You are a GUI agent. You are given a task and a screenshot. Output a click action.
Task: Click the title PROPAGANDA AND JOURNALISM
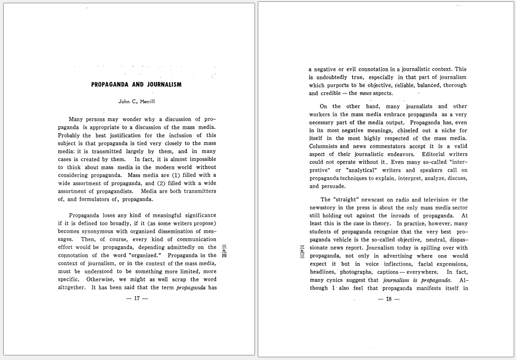tap(136, 85)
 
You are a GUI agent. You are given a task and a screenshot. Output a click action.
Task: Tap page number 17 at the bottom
tap(137, 298)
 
